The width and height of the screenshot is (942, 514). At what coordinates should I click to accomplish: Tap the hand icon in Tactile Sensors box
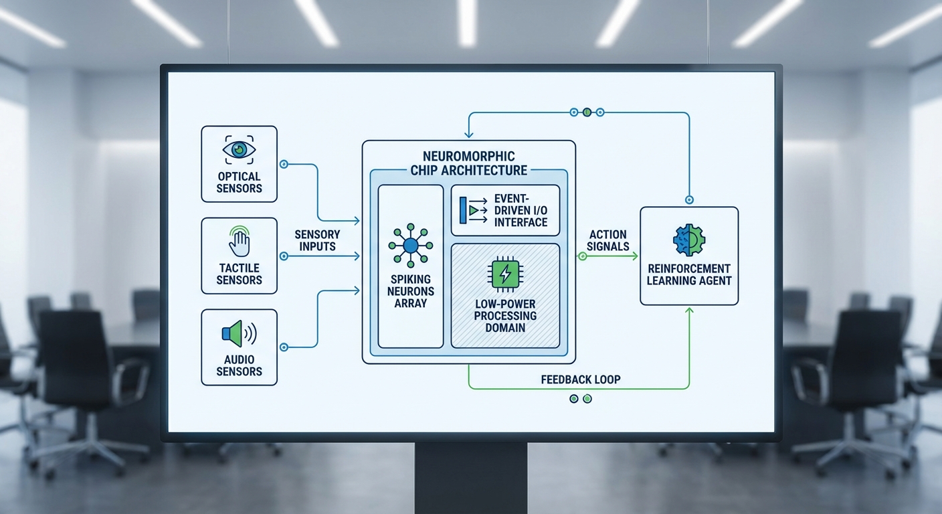pyautogui.click(x=239, y=242)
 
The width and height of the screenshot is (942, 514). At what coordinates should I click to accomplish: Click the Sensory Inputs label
pyautogui.click(x=317, y=240)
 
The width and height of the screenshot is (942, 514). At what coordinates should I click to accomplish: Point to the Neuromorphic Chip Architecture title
pyautogui.click(x=468, y=163)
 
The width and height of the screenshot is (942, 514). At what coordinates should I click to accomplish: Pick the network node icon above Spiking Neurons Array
pyautogui.click(x=410, y=246)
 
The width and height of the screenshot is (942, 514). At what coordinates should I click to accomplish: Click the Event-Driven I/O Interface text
pyautogui.click(x=521, y=210)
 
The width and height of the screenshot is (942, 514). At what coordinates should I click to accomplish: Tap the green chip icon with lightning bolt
pyautogui.click(x=505, y=274)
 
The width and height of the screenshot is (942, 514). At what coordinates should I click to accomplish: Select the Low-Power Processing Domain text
pyautogui.click(x=505, y=316)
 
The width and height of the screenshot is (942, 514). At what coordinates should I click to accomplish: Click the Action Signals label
pyautogui.click(x=607, y=240)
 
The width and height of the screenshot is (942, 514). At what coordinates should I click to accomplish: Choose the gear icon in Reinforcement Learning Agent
pyautogui.click(x=689, y=240)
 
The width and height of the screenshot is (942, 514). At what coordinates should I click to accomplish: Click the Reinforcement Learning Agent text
pyautogui.click(x=689, y=274)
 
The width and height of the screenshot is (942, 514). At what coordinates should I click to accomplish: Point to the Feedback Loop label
pyautogui.click(x=581, y=379)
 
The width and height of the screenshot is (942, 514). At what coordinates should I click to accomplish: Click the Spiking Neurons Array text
pyautogui.click(x=410, y=291)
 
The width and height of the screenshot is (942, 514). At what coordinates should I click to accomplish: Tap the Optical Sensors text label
pyautogui.click(x=239, y=183)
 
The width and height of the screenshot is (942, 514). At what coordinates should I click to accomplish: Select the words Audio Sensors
pyautogui.click(x=239, y=365)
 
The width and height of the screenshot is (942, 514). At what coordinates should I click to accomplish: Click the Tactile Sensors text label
pyautogui.click(x=239, y=274)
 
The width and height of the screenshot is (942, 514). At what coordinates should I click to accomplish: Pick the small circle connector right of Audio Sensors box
pyautogui.click(x=284, y=347)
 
